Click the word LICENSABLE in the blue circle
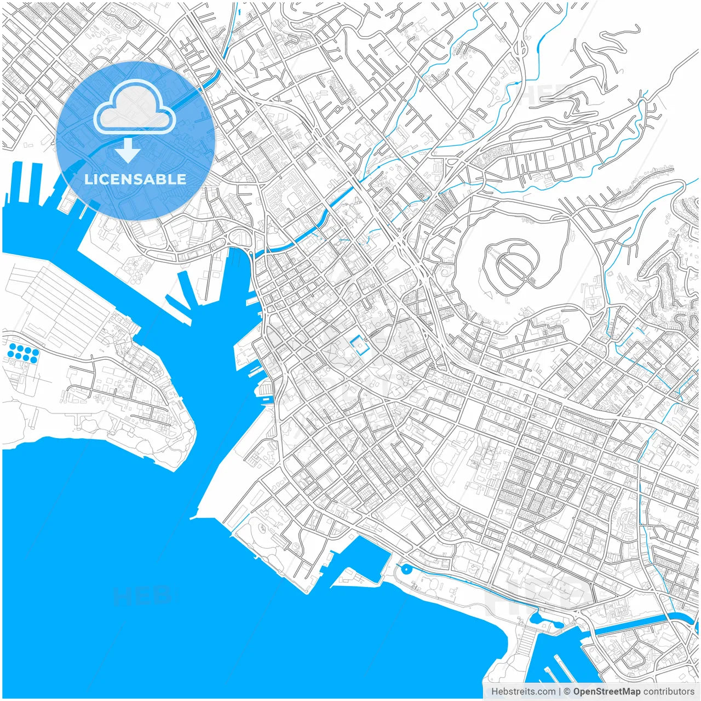135,179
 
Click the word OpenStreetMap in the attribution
607,692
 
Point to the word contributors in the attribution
669,692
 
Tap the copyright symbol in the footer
567,692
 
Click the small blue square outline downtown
359,346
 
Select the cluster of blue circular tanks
23,352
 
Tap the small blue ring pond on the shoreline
405,570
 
